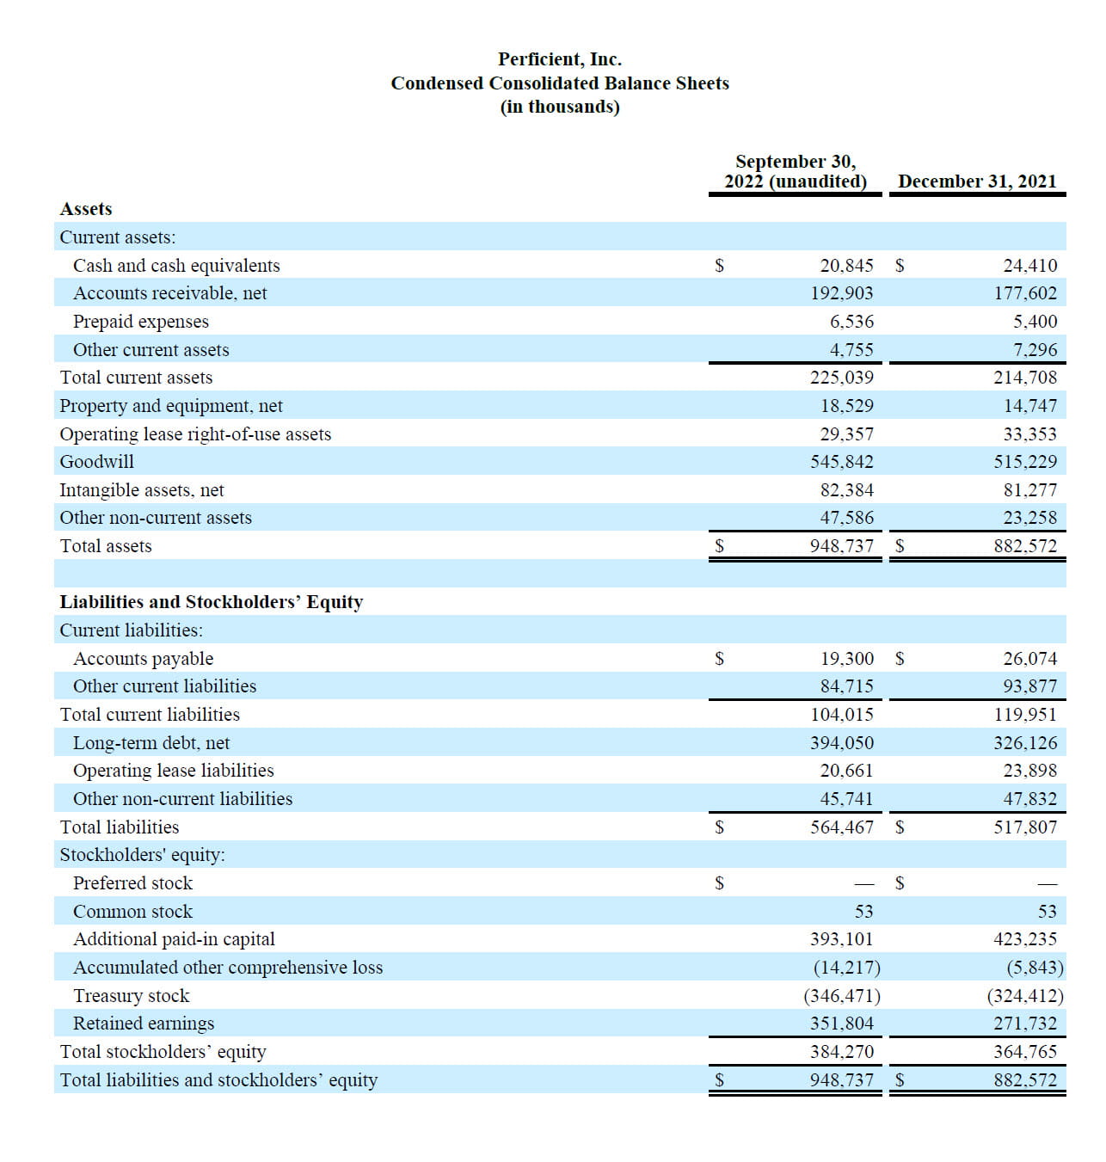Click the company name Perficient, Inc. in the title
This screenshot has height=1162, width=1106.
pyautogui.click(x=559, y=59)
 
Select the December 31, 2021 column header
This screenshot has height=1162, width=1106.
pyautogui.click(x=976, y=181)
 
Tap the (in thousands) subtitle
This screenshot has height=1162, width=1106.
pyautogui.click(x=560, y=107)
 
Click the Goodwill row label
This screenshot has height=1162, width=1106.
pyautogui.click(x=97, y=462)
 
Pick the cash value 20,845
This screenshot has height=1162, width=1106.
pyautogui.click(x=846, y=266)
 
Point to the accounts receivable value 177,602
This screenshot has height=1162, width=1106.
pyautogui.click(x=1025, y=293)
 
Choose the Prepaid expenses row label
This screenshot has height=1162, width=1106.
pyautogui.click(x=141, y=322)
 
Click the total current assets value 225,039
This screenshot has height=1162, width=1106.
pyautogui.click(x=841, y=377)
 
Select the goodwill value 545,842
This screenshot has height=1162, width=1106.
pyautogui.click(x=841, y=462)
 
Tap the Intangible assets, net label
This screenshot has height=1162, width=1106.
pyautogui.click(x=142, y=490)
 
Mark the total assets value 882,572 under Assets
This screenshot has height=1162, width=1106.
pyautogui.click(x=1025, y=545)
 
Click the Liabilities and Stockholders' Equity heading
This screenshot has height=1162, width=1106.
pyautogui.click(x=211, y=602)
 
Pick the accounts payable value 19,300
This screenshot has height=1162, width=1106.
pyautogui.click(x=846, y=659)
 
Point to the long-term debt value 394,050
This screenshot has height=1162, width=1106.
pyautogui.click(x=841, y=743)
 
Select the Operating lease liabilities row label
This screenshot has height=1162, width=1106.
pyautogui.click(x=173, y=771)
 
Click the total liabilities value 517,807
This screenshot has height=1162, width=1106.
pyautogui.click(x=1025, y=827)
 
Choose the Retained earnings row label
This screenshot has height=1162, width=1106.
pyautogui.click(x=144, y=1024)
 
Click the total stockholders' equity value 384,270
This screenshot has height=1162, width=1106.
pyautogui.click(x=841, y=1051)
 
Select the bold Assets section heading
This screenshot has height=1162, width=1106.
pyautogui.click(x=86, y=209)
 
